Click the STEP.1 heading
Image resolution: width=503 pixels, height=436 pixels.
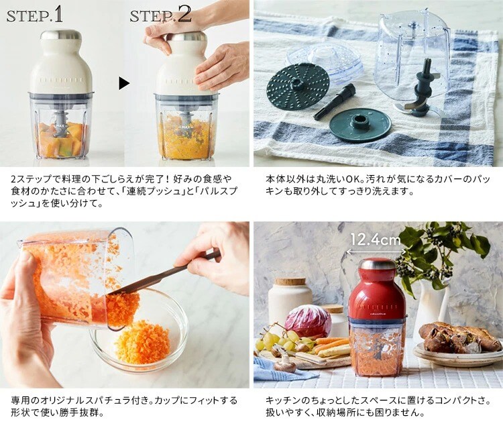click(35, 15)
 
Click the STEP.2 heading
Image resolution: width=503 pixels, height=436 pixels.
click(160, 15)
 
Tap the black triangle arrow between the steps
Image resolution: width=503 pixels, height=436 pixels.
click(124, 83)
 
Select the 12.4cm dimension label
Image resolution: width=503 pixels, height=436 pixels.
click(375, 239)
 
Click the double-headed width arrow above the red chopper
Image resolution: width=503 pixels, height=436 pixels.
click(376, 252)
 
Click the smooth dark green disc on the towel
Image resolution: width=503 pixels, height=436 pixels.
click(361, 125)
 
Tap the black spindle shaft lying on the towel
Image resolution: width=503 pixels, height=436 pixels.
click(334, 101)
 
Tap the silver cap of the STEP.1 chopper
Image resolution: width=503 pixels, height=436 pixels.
click(61, 35)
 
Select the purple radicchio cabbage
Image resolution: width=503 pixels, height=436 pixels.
click(308, 321)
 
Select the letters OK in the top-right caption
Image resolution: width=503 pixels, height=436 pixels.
click(355, 178)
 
